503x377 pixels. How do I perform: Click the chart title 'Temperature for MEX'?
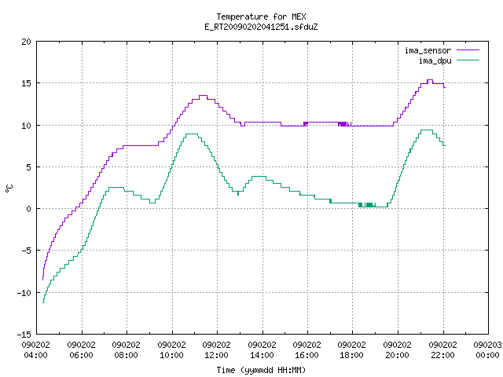pyautogui.click(x=261, y=16)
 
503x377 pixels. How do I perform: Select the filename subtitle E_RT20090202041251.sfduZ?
pyautogui.click(x=261, y=27)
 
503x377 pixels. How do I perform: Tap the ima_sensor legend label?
pyautogui.click(x=428, y=50)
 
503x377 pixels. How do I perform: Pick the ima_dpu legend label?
pyautogui.click(x=435, y=60)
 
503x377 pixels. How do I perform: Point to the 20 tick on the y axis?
pyautogui.click(x=26, y=42)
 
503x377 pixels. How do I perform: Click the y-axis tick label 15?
pyautogui.click(x=26, y=83)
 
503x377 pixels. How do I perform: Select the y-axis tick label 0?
pyautogui.click(x=28, y=209)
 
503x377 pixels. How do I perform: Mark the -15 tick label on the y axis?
pyautogui.click(x=24, y=335)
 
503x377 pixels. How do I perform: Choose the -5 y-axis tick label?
pyautogui.click(x=26, y=251)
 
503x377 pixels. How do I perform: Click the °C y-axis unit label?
pyautogui.click(x=9, y=188)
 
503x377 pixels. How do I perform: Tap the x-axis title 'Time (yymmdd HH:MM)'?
pyautogui.click(x=261, y=370)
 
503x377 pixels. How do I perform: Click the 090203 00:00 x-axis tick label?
pyautogui.click(x=487, y=350)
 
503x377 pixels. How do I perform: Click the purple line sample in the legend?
pyautogui.click(x=468, y=50)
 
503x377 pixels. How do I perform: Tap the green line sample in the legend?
pyautogui.click(x=468, y=60)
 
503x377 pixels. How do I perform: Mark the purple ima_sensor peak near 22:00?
pyautogui.click(x=430, y=80)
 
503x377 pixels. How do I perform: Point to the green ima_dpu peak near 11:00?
pyautogui.click(x=192, y=134)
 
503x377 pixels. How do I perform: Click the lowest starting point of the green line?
pyautogui.click(x=43, y=302)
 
